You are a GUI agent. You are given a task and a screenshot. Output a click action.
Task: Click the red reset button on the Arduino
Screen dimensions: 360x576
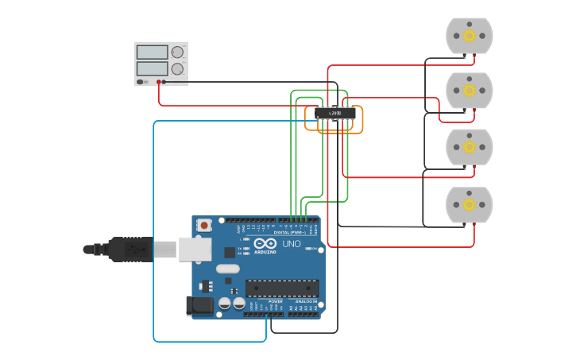pos(204,226)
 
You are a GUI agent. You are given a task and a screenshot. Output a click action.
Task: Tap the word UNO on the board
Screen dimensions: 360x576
pos(292,244)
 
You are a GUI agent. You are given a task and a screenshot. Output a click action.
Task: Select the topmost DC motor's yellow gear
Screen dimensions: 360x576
pos(469,35)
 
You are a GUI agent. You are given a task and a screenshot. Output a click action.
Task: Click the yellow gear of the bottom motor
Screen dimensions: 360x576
pos(469,205)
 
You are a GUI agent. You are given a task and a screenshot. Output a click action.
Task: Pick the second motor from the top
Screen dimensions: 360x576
pos(469,91)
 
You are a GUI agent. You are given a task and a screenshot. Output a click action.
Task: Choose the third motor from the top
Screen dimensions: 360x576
pos(469,147)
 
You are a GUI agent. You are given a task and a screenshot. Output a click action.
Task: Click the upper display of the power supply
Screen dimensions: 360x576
pos(153,52)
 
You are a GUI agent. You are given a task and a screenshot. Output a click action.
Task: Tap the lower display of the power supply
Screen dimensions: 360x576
pos(153,69)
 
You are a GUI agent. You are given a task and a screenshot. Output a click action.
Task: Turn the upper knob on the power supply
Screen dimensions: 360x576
pos(177,52)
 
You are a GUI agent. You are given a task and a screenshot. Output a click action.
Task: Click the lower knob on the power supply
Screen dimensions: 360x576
pos(177,69)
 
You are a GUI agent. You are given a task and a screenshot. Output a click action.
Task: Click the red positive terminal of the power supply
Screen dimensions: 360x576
pos(159,82)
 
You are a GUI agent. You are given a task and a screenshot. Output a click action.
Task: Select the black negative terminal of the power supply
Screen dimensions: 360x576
pos(166,82)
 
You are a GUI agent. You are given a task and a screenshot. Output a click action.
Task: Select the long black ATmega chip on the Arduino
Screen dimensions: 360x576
pos(282,288)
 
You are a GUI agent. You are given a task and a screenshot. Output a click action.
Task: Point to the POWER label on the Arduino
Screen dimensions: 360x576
pos(276,302)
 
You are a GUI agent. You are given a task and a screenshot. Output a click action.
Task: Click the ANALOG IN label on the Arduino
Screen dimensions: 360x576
pos(303,302)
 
